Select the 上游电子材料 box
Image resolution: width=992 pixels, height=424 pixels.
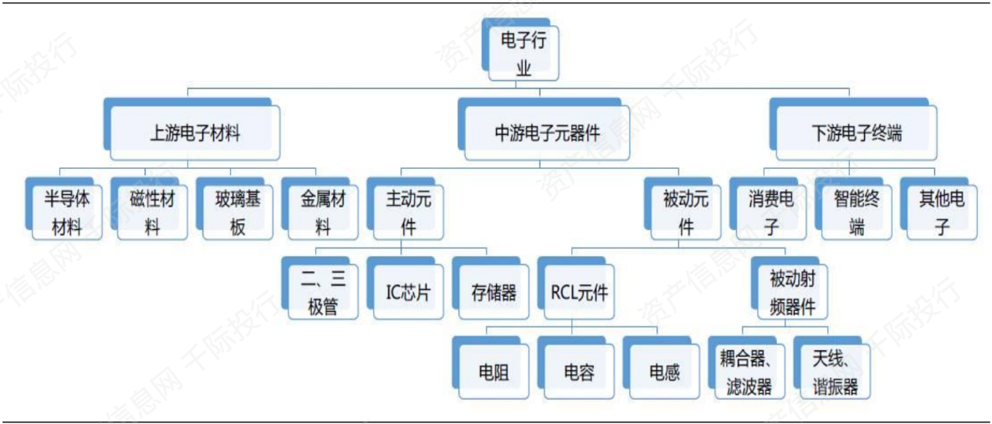(195, 132)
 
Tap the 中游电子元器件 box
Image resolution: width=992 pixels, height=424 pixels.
(547, 132)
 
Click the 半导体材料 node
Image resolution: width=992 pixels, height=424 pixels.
(67, 212)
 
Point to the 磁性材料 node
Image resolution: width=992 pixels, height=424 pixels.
(152, 212)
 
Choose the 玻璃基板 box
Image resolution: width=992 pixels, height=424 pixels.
(238, 212)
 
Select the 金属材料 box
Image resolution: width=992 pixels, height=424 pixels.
(323, 212)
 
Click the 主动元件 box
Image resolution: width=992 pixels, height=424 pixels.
(408, 212)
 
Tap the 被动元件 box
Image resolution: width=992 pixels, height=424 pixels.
(686, 212)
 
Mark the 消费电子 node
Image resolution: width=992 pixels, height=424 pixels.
(771, 212)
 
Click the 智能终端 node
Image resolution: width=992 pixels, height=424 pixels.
(856, 212)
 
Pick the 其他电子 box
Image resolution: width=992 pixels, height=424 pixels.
(942, 212)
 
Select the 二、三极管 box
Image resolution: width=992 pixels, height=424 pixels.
(323, 293)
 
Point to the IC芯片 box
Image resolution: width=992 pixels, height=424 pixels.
(408, 293)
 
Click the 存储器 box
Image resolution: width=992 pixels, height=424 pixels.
(493, 293)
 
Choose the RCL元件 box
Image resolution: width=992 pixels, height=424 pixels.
(579, 293)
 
